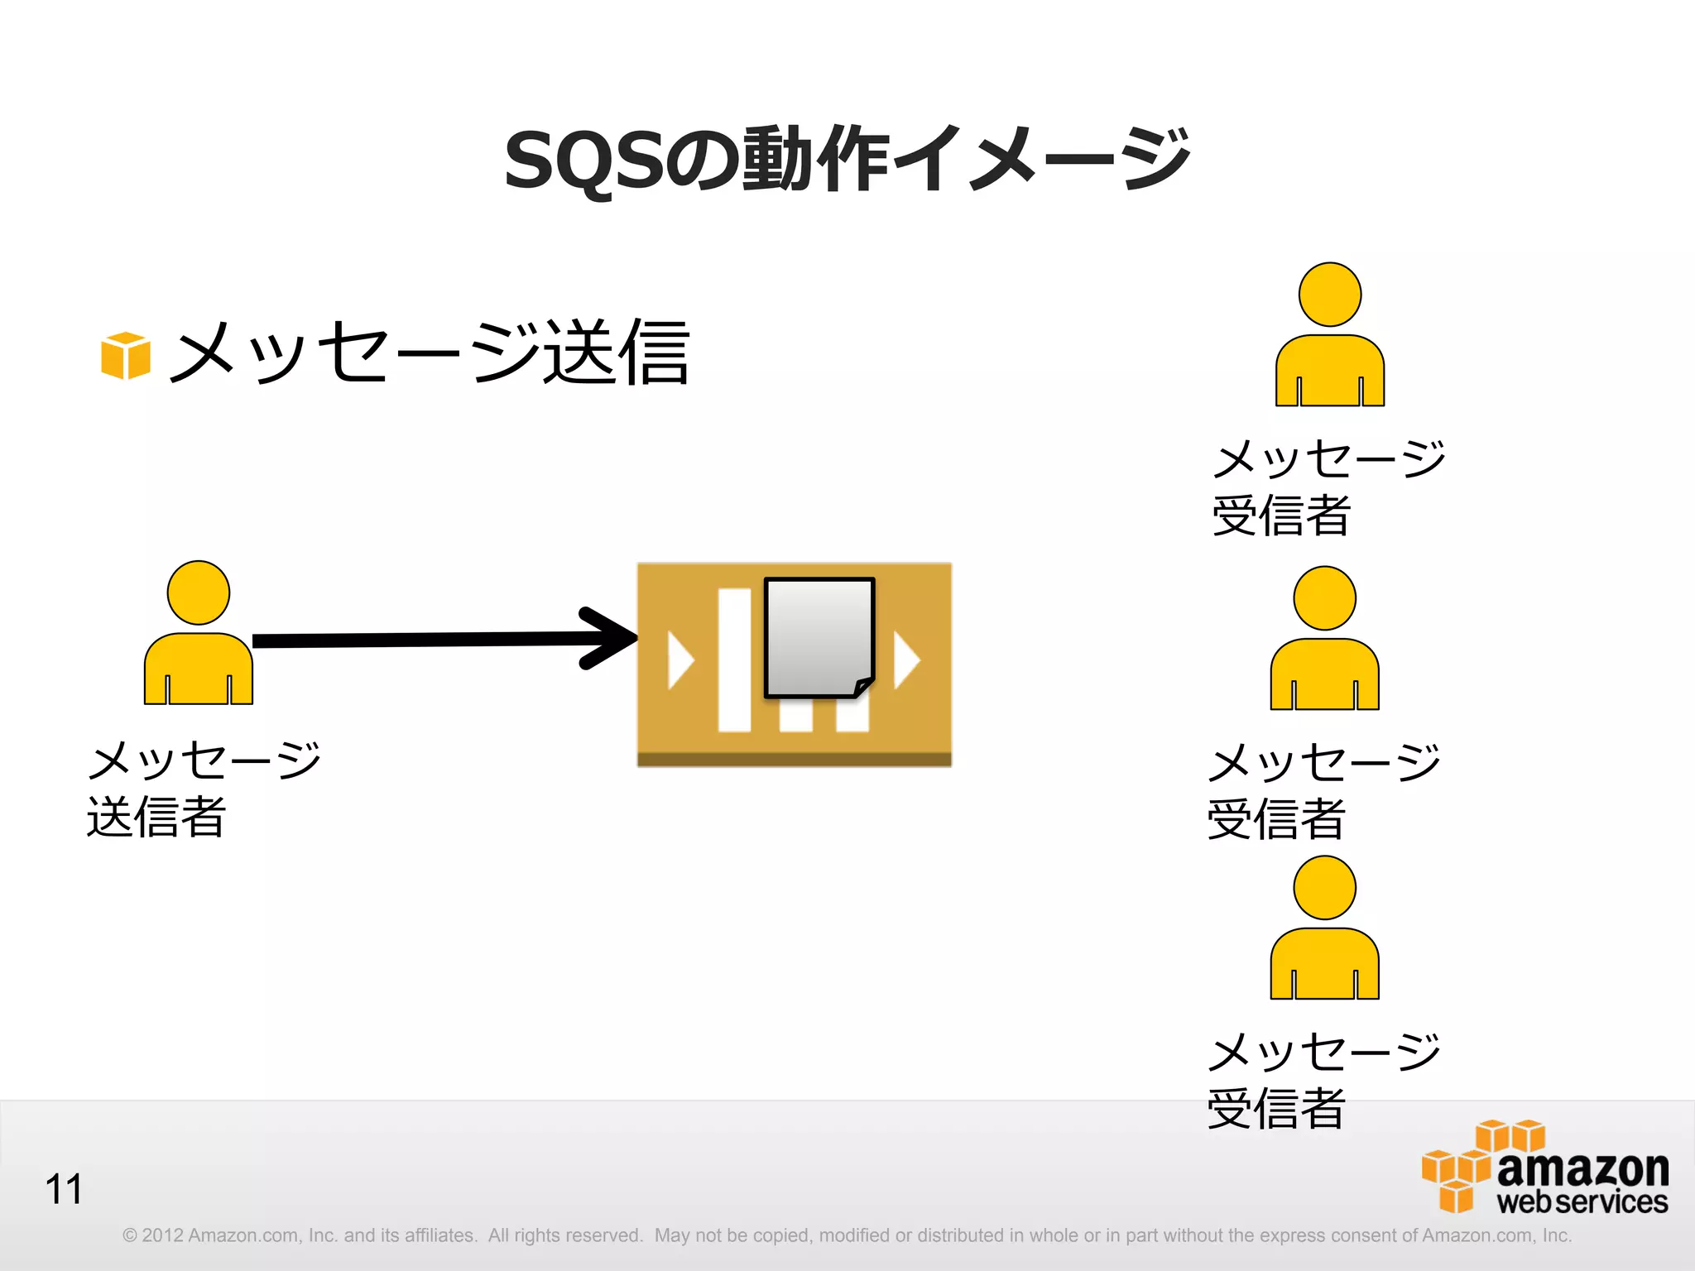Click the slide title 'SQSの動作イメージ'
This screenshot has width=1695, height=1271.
[847, 159]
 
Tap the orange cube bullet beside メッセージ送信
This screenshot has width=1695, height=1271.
[126, 356]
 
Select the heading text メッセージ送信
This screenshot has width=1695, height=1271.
[430, 353]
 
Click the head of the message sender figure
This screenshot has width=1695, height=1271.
[199, 592]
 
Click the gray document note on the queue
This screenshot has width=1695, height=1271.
[819, 637]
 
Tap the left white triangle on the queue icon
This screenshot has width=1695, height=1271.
[679, 659]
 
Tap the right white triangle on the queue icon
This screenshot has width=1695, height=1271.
[906, 659]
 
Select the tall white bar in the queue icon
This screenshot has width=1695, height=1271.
[734, 659]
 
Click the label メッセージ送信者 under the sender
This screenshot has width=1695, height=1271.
[203, 789]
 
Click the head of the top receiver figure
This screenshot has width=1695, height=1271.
[1330, 295]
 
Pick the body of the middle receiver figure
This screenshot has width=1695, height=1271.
[1324, 674]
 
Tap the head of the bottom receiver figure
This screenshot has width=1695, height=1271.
[1324, 888]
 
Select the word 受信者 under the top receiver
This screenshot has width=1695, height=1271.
[1281, 516]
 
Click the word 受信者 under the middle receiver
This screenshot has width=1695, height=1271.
[1276, 819]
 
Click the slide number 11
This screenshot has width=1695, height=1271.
[64, 1190]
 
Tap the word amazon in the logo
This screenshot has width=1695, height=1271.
[1582, 1168]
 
